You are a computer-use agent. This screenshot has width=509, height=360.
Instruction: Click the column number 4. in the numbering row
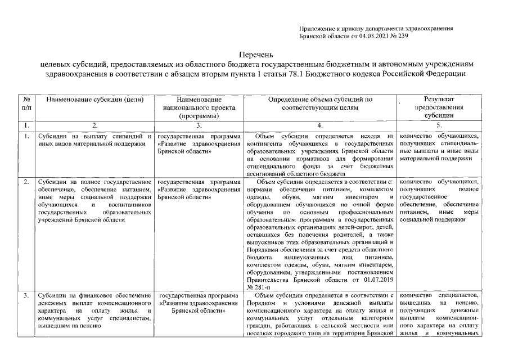[319, 125]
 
